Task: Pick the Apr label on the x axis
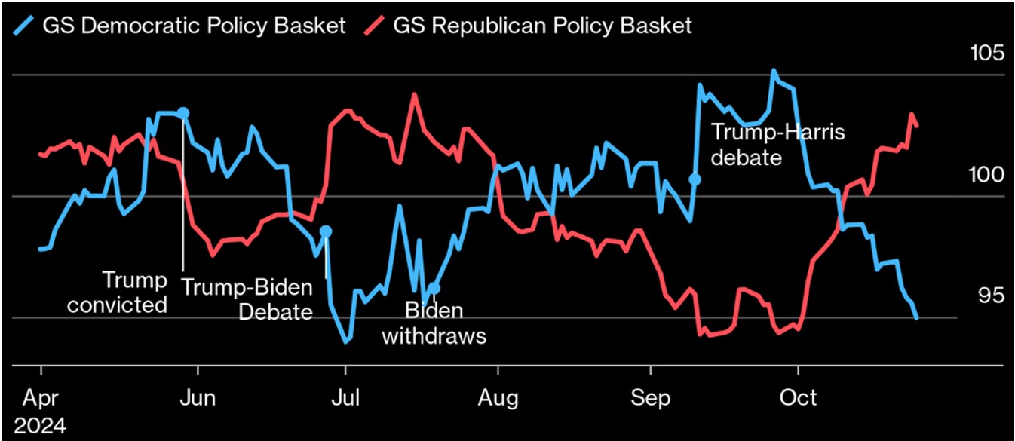click(x=41, y=397)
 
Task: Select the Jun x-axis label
click(x=198, y=397)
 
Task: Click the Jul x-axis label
click(x=345, y=397)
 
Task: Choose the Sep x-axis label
click(x=650, y=397)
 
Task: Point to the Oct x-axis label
click(x=798, y=397)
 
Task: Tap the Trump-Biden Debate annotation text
click(x=247, y=299)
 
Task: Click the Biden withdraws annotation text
click(x=434, y=323)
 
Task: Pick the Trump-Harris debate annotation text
click(x=777, y=145)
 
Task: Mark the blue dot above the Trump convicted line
click(x=182, y=113)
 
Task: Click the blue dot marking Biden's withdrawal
click(x=434, y=288)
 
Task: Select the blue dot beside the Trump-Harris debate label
click(x=695, y=179)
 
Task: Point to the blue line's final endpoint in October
click(x=916, y=318)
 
